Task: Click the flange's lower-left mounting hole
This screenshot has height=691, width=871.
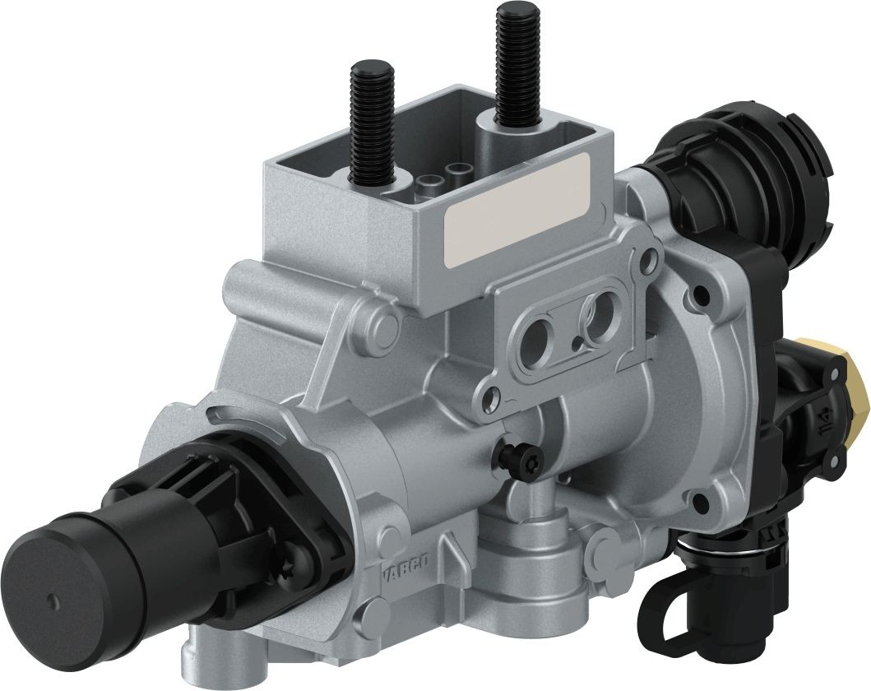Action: pos(492,400)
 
